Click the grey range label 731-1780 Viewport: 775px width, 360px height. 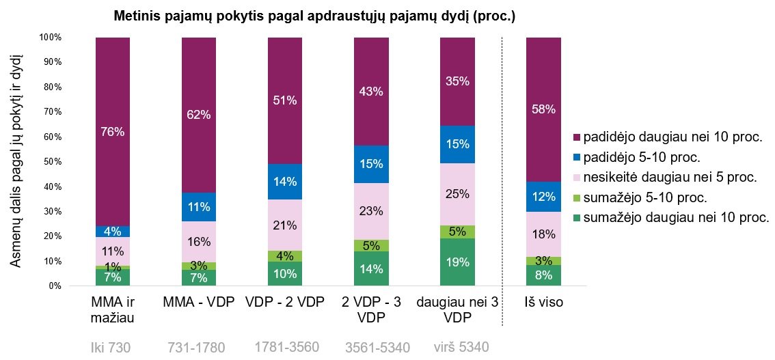(196, 347)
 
